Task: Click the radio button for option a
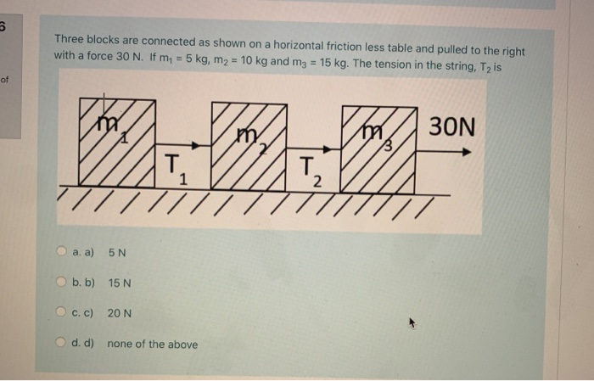(62, 252)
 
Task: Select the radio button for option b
(62, 283)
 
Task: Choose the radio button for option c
(62, 313)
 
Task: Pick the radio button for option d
(62, 344)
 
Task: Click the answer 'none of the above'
(153, 345)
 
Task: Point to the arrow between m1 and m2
(182, 144)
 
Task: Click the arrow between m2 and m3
(316, 144)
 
